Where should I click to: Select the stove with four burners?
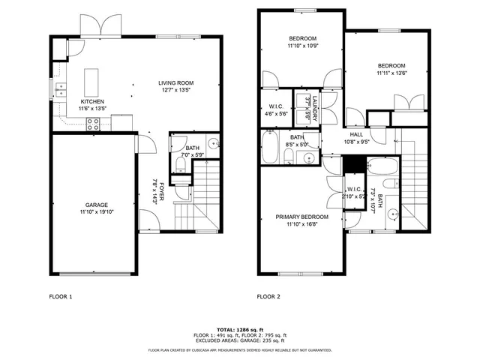coord(93,126)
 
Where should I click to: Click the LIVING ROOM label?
coord(175,83)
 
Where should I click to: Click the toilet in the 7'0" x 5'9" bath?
coord(179,163)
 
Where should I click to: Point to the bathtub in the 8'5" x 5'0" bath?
coord(269,148)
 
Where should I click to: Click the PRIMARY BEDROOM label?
coord(301,217)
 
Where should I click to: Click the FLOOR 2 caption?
coord(268,296)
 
